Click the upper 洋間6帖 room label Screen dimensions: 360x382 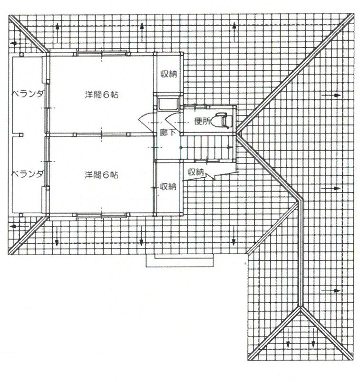[x=102, y=95]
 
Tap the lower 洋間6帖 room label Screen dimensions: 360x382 [x=102, y=175]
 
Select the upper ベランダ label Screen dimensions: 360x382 [x=28, y=94]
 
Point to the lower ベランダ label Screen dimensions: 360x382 [x=28, y=174]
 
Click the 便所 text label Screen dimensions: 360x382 [x=202, y=121]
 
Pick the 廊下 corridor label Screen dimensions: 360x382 [x=168, y=132]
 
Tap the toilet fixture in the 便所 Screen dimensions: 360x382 [x=222, y=120]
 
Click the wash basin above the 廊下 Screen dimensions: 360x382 [x=168, y=104]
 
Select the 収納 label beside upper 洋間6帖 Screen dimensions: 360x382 [x=168, y=74]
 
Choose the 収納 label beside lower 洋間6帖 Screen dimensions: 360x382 [x=168, y=187]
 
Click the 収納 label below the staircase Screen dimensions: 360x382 [x=195, y=172]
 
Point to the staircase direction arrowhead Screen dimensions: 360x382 [x=230, y=147]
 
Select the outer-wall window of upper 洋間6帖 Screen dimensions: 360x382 [x=102, y=53]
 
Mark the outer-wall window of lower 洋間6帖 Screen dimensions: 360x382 [x=102, y=215]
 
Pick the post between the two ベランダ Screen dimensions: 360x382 [x=21, y=134]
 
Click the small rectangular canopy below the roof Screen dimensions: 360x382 [x=180, y=261]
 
